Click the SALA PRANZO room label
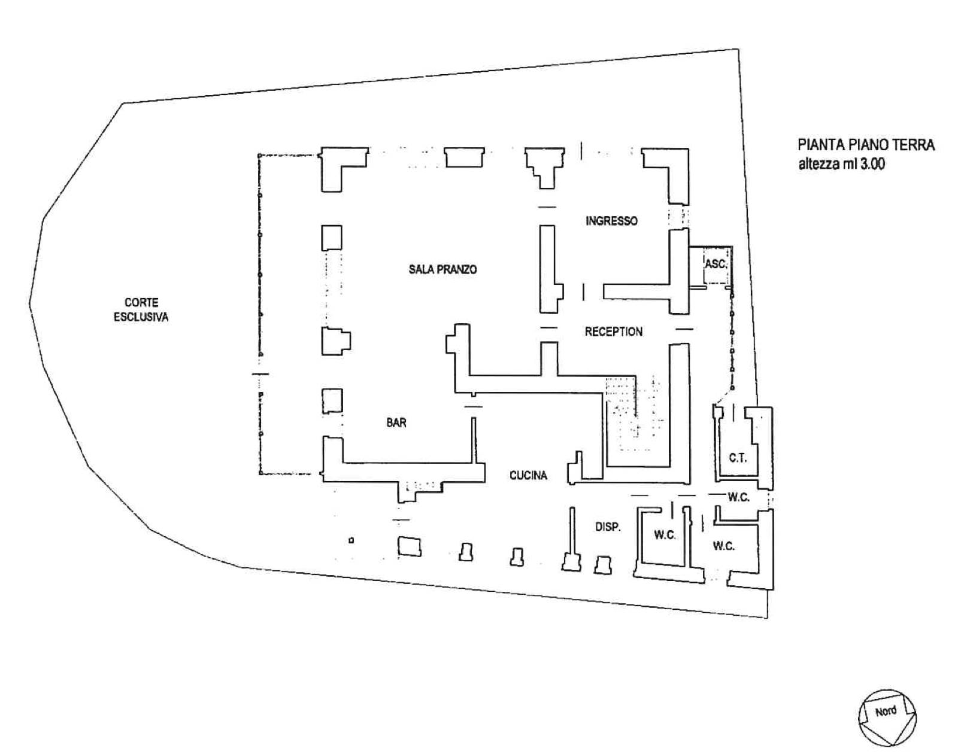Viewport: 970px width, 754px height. pyautogui.click(x=442, y=269)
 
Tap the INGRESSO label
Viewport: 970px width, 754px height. pyautogui.click(x=611, y=221)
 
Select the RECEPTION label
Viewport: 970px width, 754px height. pyautogui.click(x=613, y=332)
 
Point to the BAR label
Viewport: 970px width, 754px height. pyautogui.click(x=396, y=422)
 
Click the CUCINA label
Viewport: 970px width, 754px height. pyautogui.click(x=528, y=475)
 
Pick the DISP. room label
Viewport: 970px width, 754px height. pyautogui.click(x=608, y=527)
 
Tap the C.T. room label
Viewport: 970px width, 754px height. pyautogui.click(x=738, y=458)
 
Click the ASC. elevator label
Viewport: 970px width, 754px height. pyautogui.click(x=716, y=263)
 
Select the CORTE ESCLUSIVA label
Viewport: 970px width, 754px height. pyautogui.click(x=141, y=310)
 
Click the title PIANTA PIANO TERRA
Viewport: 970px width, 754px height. pyautogui.click(x=866, y=145)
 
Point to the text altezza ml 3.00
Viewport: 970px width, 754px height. pyautogui.click(x=841, y=164)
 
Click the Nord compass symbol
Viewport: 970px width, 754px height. pyautogui.click(x=887, y=713)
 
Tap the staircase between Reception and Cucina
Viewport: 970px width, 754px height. pyautogui.click(x=635, y=413)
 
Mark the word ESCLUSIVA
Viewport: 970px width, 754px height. pyautogui.click(x=141, y=317)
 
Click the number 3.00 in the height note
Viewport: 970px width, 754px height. pyautogui.click(x=872, y=164)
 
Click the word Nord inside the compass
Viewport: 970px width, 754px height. pyautogui.click(x=886, y=712)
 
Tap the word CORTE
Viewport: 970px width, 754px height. pyautogui.click(x=141, y=303)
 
